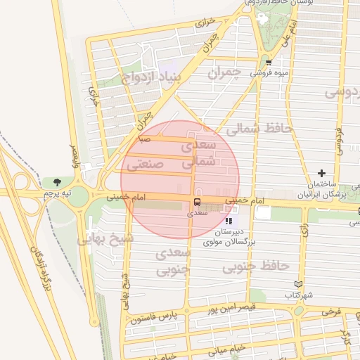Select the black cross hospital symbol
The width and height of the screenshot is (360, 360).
322,172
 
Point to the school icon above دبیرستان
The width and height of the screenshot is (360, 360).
228,221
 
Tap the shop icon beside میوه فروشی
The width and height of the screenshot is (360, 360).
267,62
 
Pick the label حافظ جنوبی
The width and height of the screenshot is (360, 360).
256,266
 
